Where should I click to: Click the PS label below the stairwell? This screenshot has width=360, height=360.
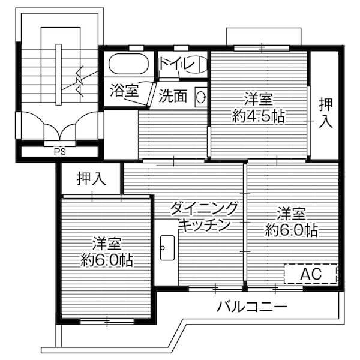pos(59,151)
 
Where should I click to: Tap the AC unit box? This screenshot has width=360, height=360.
pos(311,274)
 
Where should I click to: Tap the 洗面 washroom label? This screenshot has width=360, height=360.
pos(173,95)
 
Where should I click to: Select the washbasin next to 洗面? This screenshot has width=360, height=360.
pos(201,97)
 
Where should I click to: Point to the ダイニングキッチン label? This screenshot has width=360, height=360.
pos(205,217)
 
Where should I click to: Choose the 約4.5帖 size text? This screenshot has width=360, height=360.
pos(258,116)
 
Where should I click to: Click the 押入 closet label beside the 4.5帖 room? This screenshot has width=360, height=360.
pos(325,113)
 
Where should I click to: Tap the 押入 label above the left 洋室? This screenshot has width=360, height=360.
pos(91,178)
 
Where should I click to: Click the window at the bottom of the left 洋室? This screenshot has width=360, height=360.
pos(107,321)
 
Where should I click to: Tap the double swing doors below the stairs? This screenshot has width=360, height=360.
pos(59,127)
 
